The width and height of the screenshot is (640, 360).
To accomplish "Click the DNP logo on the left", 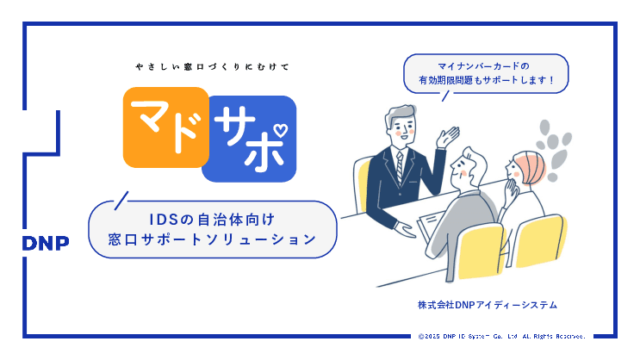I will pyautogui.click(x=46, y=242).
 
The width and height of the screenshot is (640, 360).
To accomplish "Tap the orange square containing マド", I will pyautogui.click(x=165, y=127).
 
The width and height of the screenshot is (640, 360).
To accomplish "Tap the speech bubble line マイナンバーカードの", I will pyautogui.click(x=485, y=65).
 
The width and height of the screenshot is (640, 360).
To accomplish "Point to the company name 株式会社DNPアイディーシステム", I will pyautogui.click(x=488, y=305).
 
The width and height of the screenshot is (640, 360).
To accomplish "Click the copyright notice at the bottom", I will pyautogui.click(x=502, y=336).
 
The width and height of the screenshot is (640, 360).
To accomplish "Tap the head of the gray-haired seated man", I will pyautogui.click(x=473, y=164).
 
